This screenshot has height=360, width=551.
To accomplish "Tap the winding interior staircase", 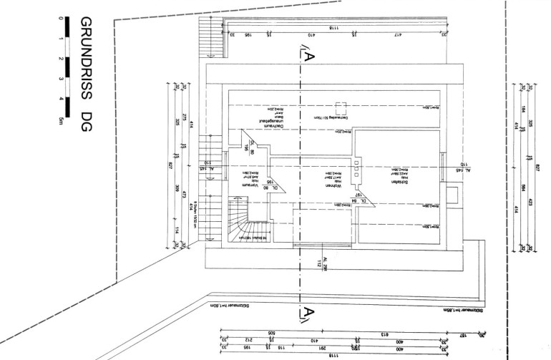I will [x=244, y=219].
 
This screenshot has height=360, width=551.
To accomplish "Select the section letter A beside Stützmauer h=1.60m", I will [x=306, y=312].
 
